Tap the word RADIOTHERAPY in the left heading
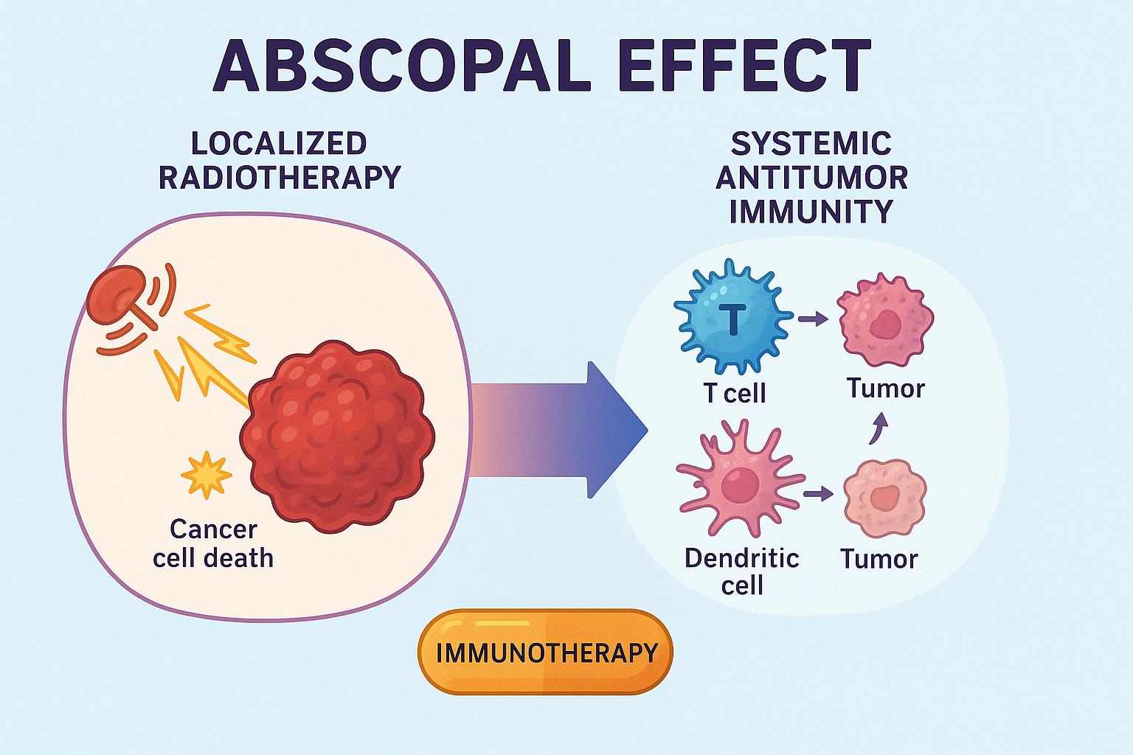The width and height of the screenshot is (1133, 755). click(x=280, y=178)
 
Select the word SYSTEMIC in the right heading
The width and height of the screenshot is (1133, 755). click(x=811, y=144)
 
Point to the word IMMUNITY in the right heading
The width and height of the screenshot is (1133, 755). click(x=811, y=212)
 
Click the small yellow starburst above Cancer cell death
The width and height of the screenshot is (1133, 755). click(x=206, y=474)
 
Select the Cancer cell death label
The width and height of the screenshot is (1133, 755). click(x=213, y=543)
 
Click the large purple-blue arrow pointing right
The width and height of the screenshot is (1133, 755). click(x=561, y=431)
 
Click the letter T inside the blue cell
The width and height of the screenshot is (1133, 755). click(x=732, y=319)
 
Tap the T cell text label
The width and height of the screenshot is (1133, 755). click(x=735, y=393)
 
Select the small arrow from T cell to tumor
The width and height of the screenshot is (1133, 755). click(x=813, y=319)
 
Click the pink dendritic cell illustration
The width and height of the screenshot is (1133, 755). click(x=735, y=479)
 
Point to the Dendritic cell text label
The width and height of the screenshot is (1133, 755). click(x=741, y=571)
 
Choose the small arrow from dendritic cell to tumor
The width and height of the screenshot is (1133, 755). click(x=817, y=493)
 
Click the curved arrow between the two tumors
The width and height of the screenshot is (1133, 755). click(x=878, y=428)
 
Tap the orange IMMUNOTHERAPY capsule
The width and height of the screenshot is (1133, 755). click(x=546, y=652)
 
